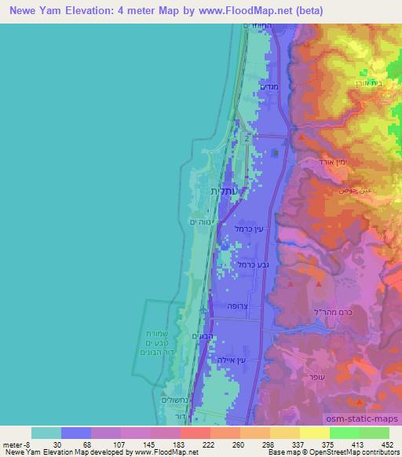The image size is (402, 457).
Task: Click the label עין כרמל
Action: point(247,228)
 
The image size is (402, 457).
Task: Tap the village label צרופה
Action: point(236,305)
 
